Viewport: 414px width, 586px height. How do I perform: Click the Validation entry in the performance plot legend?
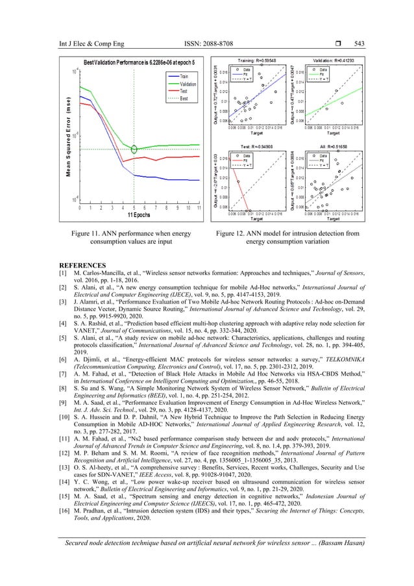click(x=188, y=83)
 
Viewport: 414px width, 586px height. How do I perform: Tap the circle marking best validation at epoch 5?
click(x=134, y=149)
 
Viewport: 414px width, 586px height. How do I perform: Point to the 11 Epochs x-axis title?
click(x=136, y=214)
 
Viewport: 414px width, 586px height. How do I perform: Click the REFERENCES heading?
click(x=80, y=266)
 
